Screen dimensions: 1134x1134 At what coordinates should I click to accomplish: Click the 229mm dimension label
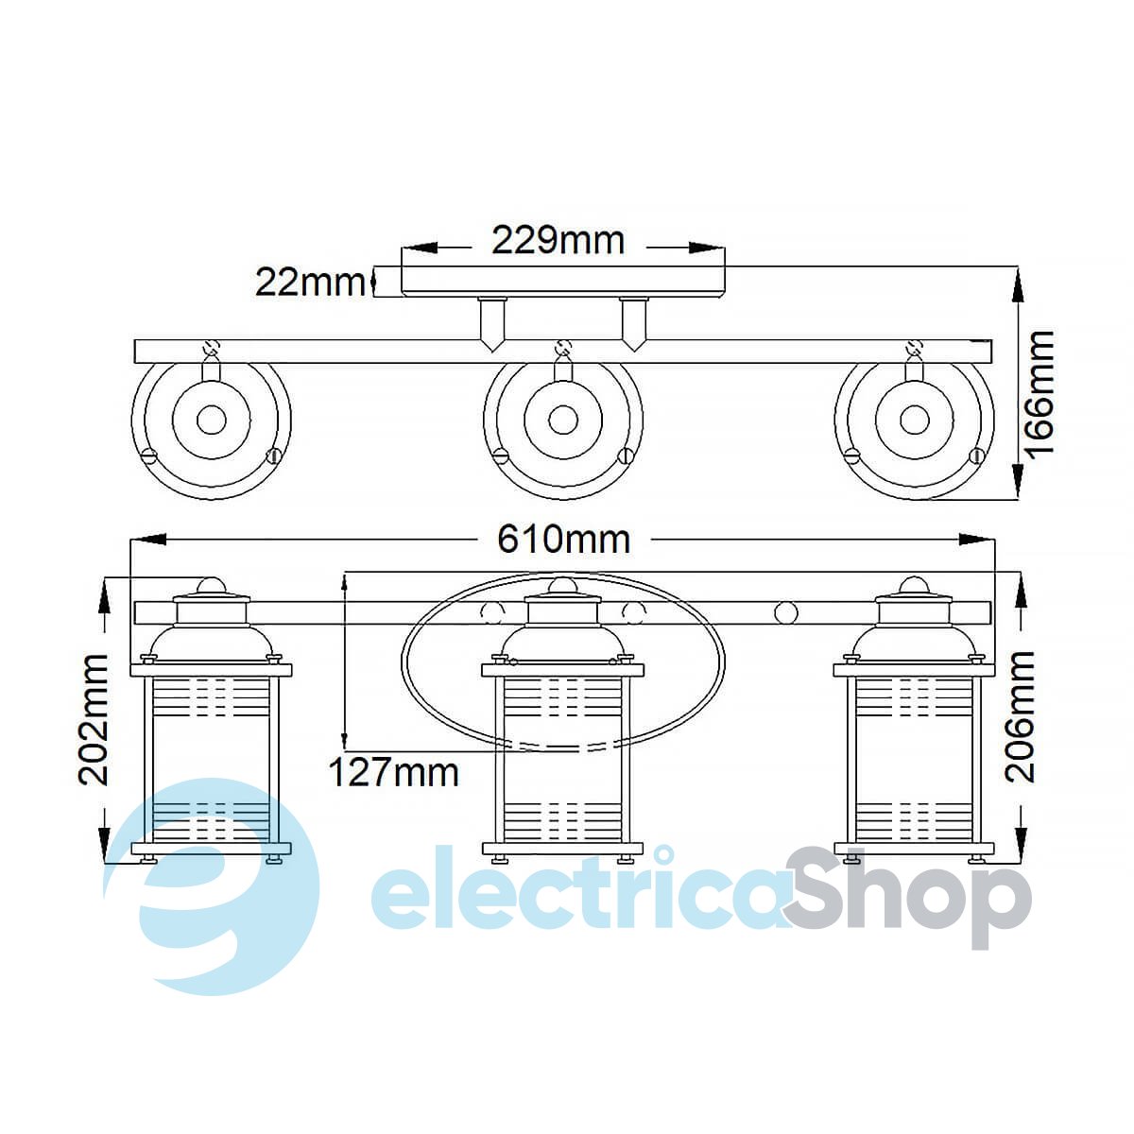(558, 241)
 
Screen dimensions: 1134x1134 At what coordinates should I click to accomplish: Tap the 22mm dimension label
(310, 283)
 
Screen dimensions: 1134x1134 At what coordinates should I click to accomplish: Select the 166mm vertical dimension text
(1039, 392)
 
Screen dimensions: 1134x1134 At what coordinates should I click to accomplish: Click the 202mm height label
(93, 720)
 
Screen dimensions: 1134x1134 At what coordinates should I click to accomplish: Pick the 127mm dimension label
(394, 772)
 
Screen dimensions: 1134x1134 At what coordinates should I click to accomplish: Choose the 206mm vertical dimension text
(1020, 716)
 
